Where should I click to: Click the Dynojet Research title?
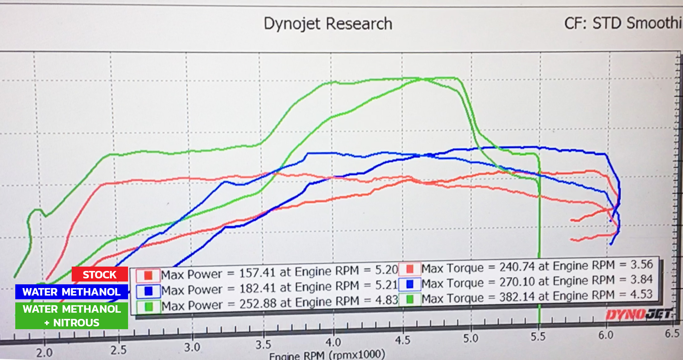(328, 24)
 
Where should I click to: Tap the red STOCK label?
(100, 274)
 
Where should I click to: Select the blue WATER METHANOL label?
(71, 292)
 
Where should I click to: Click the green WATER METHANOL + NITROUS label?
(72, 315)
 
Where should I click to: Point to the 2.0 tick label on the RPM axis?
(44, 353)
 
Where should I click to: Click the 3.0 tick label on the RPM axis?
(192, 347)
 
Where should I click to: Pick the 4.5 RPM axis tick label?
(403, 340)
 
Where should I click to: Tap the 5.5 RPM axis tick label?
(538, 337)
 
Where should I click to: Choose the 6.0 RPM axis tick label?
(606, 335)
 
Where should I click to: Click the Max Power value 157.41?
(257, 273)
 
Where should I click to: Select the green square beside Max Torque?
(410, 299)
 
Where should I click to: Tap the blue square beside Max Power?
(149, 291)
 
